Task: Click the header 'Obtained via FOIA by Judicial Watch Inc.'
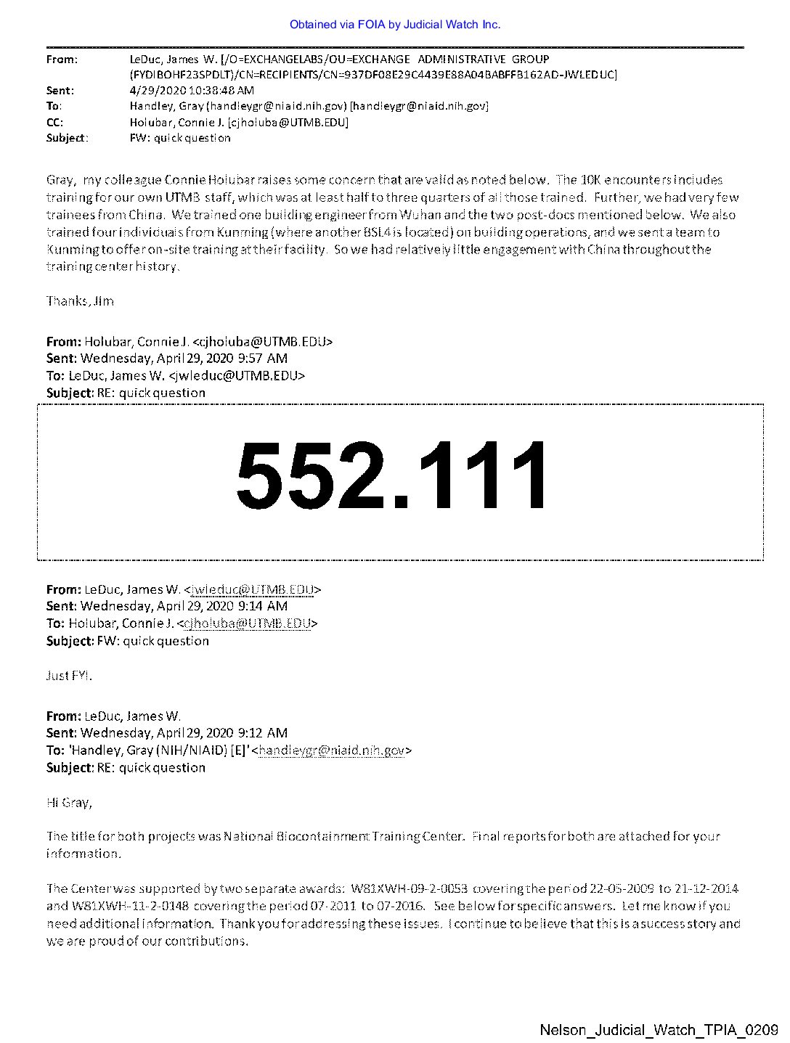[x=394, y=25]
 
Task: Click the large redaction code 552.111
[x=392, y=475]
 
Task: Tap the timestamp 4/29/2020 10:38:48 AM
[x=192, y=91]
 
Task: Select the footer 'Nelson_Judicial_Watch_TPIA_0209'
[x=659, y=1030]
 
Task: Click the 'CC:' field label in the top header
[x=54, y=122]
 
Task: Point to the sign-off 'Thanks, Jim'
[x=80, y=301]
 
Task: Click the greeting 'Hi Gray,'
[x=69, y=802]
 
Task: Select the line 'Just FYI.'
[x=69, y=676]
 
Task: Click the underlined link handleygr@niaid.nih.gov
[x=331, y=750]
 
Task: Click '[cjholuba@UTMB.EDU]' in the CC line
[x=288, y=122]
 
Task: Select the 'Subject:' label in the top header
[x=67, y=138]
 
